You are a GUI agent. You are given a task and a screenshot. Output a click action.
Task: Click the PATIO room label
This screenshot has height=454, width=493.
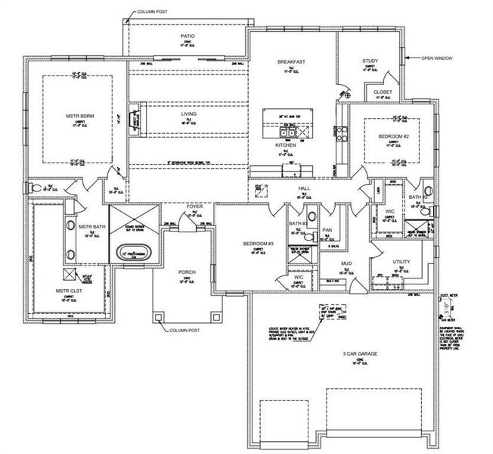188,36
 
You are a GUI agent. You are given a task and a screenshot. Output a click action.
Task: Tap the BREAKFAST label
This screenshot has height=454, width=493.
290,61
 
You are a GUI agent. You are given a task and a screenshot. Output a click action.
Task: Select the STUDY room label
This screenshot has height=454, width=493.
370,61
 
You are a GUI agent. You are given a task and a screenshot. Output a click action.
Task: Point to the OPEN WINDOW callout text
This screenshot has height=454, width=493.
438,58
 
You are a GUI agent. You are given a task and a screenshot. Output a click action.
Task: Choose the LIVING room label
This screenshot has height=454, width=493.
188,114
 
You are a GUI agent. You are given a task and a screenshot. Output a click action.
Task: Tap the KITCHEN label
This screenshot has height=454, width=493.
285,145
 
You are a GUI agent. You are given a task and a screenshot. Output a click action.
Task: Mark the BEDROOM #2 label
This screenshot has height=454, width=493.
393,136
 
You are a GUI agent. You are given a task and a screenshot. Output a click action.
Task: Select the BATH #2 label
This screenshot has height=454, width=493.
418,197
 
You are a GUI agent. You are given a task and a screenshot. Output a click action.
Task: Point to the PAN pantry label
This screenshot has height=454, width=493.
327,230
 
